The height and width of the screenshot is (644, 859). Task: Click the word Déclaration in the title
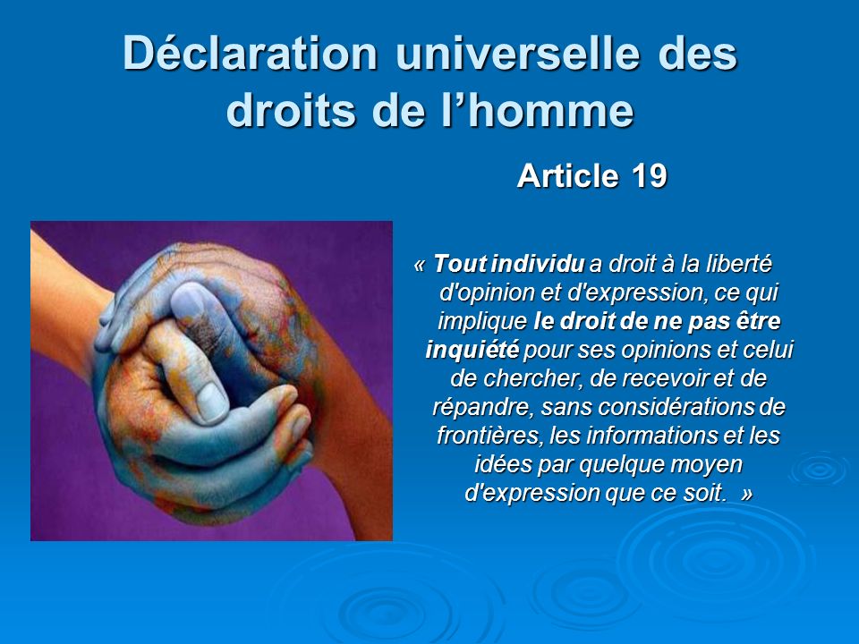coord(251,53)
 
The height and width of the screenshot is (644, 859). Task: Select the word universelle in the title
coord(517,53)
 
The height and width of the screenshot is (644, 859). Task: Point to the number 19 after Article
coord(650,176)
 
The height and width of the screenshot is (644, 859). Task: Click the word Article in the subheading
coord(567,176)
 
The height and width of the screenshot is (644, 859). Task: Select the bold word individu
coord(538,264)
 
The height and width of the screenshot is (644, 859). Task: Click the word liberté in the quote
coord(737,264)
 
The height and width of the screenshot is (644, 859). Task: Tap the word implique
coord(482,322)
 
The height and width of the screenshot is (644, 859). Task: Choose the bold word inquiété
coord(472,350)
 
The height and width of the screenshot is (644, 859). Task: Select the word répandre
coord(482,408)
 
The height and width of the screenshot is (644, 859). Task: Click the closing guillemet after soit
coord(746,494)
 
